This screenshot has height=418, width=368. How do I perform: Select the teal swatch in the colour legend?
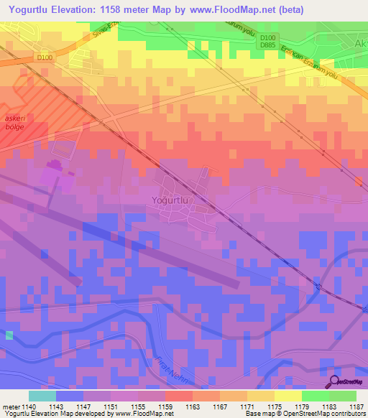pos(42,396)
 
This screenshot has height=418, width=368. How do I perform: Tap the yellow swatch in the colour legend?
pos(288,396)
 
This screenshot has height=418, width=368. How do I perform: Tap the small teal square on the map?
pos(9,335)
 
